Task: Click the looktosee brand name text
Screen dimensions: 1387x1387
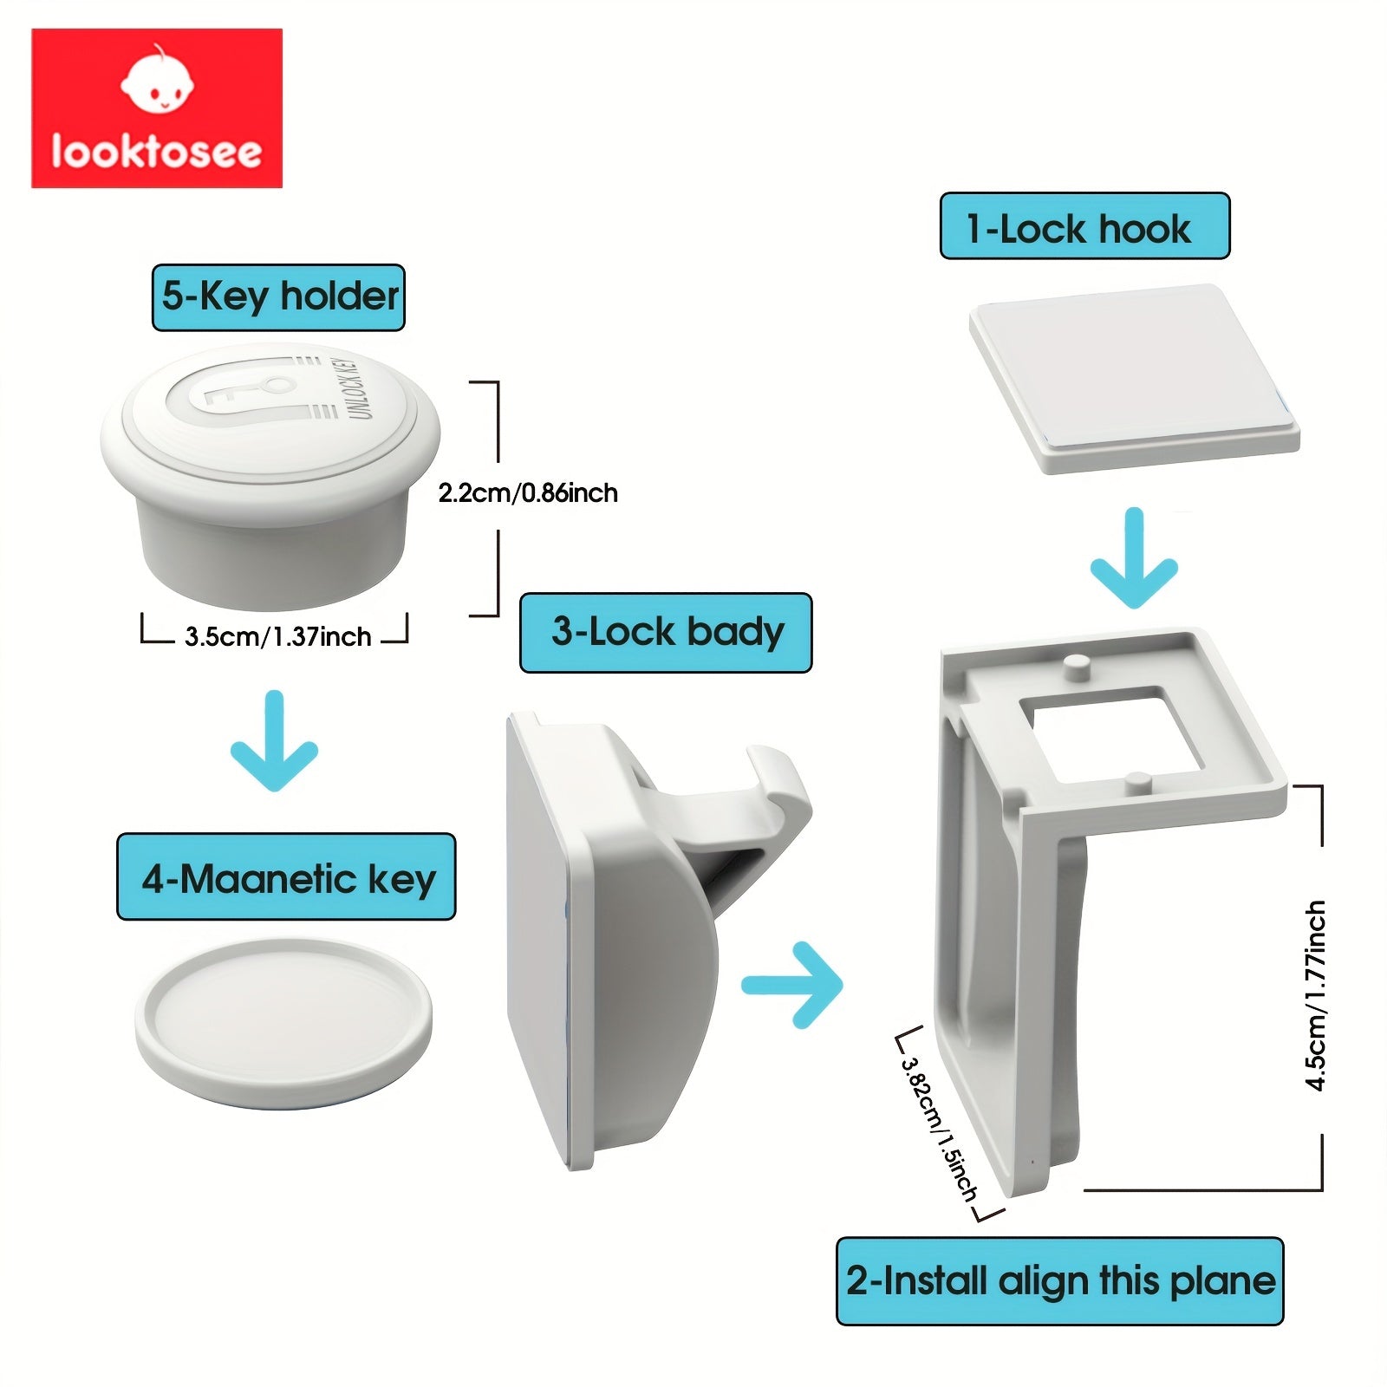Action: tap(156, 151)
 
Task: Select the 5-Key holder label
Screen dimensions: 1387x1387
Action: tap(278, 297)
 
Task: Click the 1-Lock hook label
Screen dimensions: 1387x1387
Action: tap(1084, 226)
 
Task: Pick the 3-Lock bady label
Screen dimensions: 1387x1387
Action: tap(666, 632)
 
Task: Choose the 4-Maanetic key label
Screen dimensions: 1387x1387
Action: tap(286, 877)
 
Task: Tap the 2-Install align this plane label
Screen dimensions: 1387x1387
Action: tap(1059, 1281)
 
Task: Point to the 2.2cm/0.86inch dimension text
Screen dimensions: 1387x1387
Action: tap(528, 493)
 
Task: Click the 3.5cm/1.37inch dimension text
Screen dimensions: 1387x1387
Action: tap(277, 637)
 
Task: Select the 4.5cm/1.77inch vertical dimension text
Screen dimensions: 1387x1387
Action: tap(1316, 995)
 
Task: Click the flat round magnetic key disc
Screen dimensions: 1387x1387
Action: tap(283, 1021)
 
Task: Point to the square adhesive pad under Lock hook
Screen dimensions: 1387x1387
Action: tap(1134, 376)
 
